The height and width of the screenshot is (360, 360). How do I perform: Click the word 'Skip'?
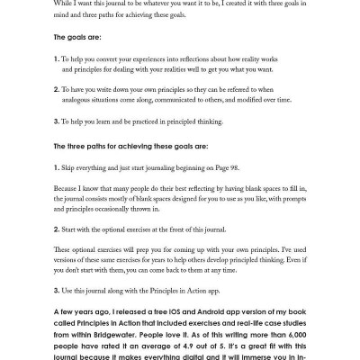pos(71,167)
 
